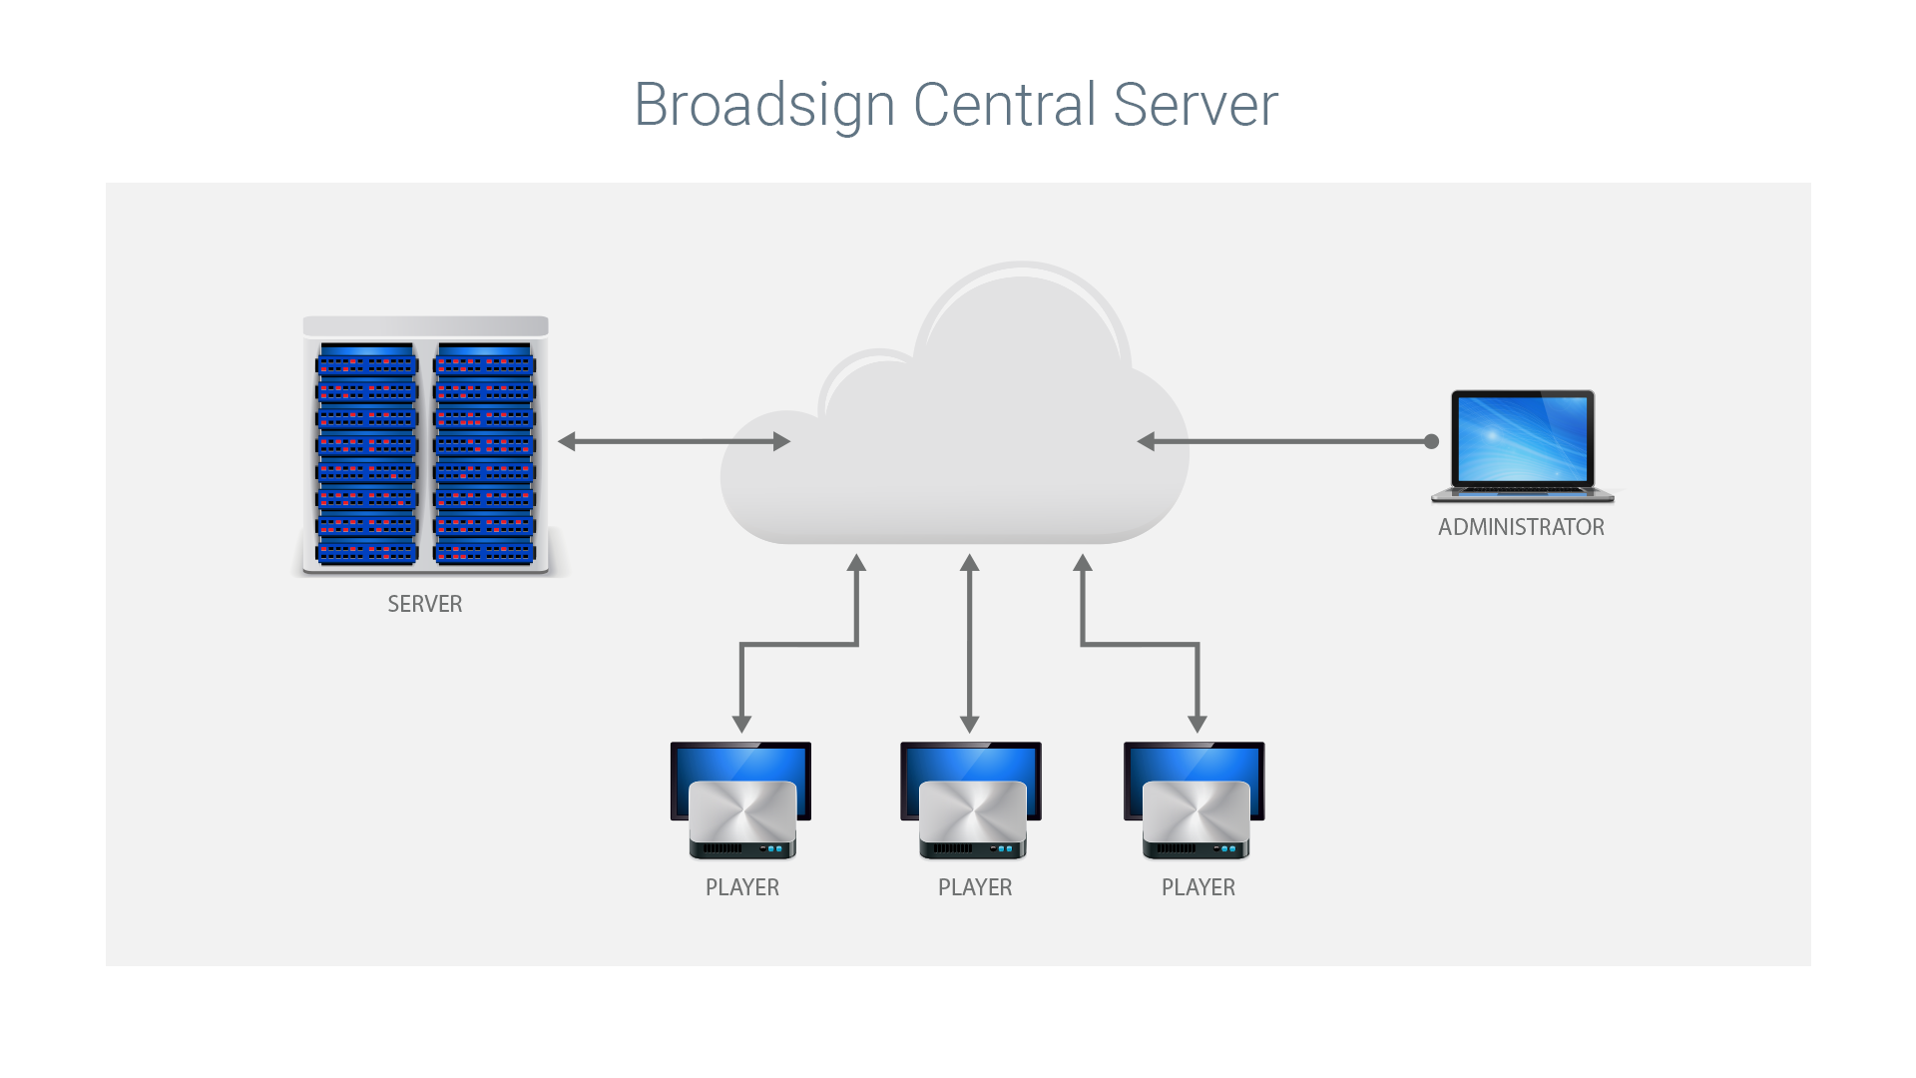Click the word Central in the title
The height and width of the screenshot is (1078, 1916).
point(1005,104)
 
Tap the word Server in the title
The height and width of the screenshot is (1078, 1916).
point(1196,104)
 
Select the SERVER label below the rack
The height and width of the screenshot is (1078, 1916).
point(425,604)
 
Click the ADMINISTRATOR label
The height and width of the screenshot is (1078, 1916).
point(1521,527)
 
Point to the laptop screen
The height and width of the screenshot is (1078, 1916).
point(1522,439)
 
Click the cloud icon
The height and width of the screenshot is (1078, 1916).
point(955,404)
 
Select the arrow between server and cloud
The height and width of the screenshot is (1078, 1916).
point(674,441)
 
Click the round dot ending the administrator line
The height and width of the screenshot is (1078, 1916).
point(1431,441)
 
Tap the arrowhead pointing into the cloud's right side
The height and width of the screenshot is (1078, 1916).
point(1146,441)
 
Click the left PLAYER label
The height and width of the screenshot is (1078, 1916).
point(742,887)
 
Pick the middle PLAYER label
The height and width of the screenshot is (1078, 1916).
point(975,887)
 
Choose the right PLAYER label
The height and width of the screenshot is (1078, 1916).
point(1198,887)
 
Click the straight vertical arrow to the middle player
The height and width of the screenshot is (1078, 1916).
point(969,644)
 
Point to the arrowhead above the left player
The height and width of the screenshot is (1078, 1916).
point(741,725)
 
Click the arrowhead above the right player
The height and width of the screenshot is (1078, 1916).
point(1197,725)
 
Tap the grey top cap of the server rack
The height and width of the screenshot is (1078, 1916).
point(426,326)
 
